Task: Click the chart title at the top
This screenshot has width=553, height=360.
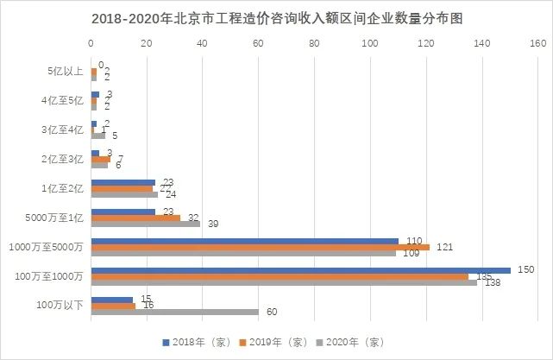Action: tap(276, 17)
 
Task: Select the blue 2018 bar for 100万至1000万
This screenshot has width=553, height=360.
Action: tap(300, 270)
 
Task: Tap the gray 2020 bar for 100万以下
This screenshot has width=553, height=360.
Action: tap(174, 312)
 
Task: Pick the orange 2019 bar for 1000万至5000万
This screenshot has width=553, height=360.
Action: tap(260, 247)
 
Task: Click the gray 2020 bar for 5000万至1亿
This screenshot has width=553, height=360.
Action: tap(145, 224)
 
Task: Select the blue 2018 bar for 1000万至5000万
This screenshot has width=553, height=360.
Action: tap(244, 241)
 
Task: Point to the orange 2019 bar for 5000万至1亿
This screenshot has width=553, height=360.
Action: tap(135, 218)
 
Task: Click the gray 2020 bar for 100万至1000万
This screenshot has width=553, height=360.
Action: tap(284, 282)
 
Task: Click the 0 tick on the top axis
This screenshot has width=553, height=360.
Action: tap(91, 41)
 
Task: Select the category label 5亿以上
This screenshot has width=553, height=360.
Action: tap(66, 72)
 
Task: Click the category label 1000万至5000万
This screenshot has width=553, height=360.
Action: tap(51, 247)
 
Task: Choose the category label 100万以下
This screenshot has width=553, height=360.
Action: tap(62, 306)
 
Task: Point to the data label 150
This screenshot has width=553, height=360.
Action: tap(525, 269)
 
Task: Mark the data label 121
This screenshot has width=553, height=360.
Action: tap(445, 247)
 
